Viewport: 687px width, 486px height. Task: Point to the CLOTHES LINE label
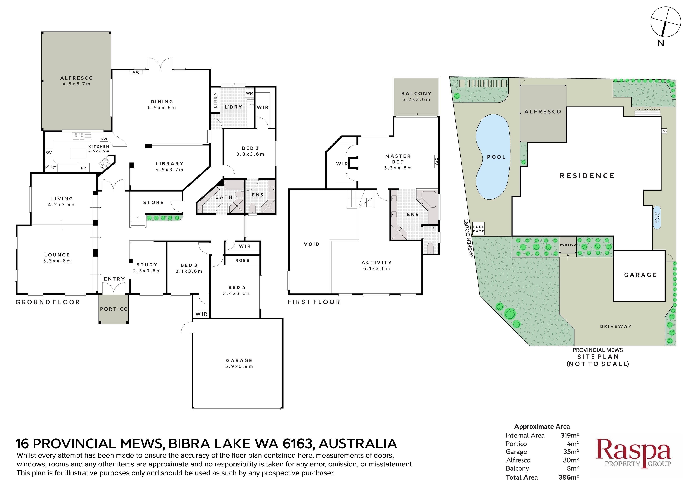pos(647,110)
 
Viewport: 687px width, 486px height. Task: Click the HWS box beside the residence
pos(664,131)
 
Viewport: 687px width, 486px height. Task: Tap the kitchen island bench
pos(79,153)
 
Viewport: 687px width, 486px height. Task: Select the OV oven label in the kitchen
pos(49,152)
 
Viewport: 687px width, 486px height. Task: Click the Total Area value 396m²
pos(569,477)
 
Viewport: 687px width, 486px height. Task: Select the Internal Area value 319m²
pos(569,435)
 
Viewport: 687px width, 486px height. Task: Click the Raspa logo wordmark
pos(634,450)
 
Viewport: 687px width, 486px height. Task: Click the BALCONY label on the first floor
pos(416,93)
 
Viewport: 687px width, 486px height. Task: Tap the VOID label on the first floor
pos(311,244)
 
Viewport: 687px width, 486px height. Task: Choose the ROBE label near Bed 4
pos(242,261)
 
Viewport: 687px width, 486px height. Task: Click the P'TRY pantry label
pos(51,167)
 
